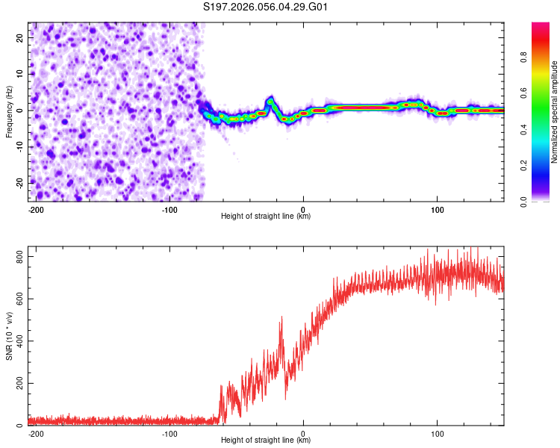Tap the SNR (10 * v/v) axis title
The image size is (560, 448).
click(9, 336)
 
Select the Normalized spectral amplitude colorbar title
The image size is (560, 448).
click(554, 112)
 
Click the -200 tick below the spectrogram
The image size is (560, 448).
click(35, 209)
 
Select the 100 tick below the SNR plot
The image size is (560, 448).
click(437, 433)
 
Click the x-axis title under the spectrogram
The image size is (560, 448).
click(266, 217)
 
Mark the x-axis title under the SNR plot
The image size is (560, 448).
click(266, 441)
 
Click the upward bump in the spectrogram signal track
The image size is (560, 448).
click(270, 100)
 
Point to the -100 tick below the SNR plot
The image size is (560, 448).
click(169, 433)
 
